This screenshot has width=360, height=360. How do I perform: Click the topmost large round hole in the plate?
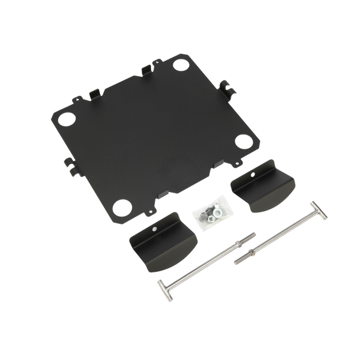click(x=179, y=63)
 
